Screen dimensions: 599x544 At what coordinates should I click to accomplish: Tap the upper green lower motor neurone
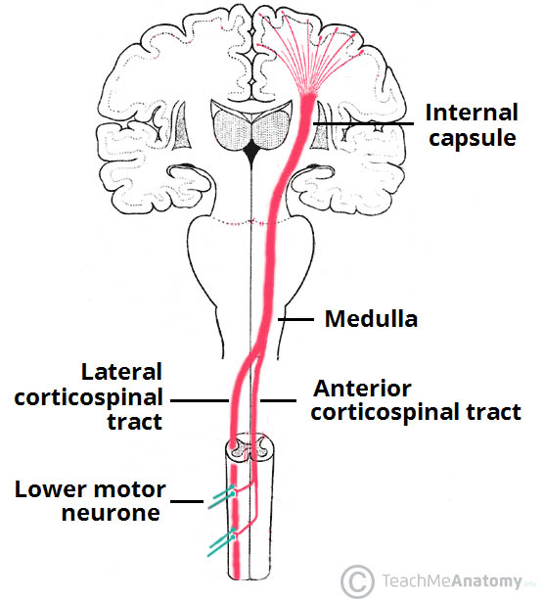tap(220, 497)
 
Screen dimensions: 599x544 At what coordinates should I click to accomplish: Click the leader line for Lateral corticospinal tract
tap(201, 399)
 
